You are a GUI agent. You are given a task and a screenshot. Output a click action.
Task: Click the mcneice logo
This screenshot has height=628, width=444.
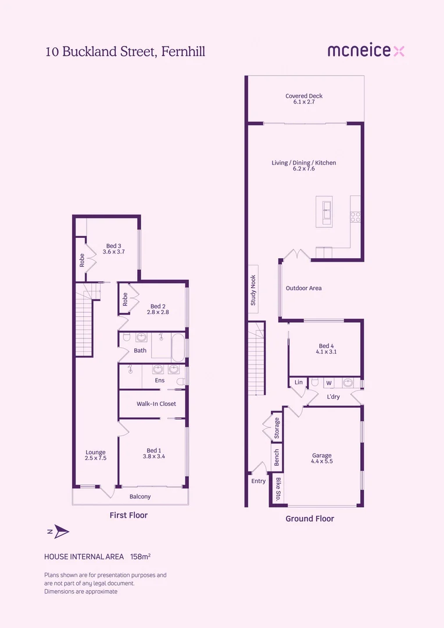[366, 51]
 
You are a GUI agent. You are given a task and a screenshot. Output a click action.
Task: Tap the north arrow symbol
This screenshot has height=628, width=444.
[61, 531]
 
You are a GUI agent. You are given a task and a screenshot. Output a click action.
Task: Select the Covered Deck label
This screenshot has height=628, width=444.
[304, 98]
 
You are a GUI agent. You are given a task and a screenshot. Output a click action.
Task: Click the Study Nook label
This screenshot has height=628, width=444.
[253, 290]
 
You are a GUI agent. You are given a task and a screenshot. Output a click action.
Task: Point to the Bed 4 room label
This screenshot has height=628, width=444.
[326, 349]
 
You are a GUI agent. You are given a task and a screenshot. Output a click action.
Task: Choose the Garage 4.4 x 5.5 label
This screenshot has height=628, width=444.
[322, 458]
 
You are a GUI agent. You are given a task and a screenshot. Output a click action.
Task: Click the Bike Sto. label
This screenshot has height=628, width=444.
[278, 489]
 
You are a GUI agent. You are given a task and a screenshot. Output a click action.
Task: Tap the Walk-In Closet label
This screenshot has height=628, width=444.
[156, 404]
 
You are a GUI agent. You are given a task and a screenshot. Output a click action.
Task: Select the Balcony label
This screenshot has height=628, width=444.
[140, 497]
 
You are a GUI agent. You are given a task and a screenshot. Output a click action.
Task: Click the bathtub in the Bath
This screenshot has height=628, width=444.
[178, 348]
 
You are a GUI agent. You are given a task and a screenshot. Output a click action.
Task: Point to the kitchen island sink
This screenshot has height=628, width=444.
[327, 212]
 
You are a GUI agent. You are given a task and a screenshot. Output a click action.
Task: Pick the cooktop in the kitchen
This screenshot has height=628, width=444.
[355, 217]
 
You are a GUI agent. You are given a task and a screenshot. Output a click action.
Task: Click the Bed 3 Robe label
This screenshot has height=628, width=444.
[82, 261]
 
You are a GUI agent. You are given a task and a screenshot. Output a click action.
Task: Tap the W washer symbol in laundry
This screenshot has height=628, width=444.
[329, 383]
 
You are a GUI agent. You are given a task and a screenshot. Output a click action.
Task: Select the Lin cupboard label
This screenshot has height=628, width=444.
[299, 382]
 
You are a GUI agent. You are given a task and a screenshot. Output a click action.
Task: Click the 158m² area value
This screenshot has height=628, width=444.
[141, 556]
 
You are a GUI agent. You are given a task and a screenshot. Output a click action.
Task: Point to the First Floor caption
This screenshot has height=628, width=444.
[128, 515]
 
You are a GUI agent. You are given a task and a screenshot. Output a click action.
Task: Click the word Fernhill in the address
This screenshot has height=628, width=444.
[183, 52]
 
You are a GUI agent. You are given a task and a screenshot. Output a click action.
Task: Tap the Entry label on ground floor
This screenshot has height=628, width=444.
[258, 481]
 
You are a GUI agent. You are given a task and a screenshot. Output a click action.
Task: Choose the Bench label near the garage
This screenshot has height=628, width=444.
[276, 458]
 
